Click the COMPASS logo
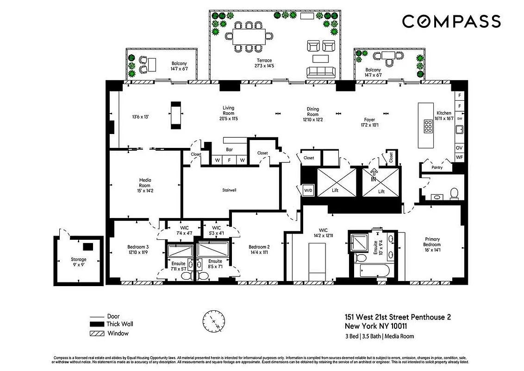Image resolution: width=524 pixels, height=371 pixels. [x=451, y=21]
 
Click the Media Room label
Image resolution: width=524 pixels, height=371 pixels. [x=145, y=183]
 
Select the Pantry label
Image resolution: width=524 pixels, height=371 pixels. [x=437, y=167]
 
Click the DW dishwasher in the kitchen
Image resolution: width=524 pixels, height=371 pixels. [x=460, y=119]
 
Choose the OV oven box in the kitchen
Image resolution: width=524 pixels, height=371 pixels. [x=460, y=147]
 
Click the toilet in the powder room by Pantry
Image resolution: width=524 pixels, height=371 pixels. [x=454, y=192]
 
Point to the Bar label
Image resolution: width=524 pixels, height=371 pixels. [x=229, y=150]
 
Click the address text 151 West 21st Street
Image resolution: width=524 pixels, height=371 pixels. [x=397, y=318]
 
